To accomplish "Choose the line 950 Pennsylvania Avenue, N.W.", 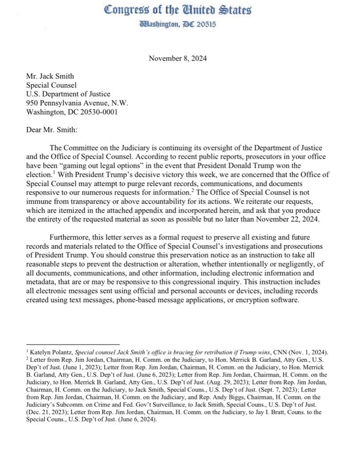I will coord(78,103).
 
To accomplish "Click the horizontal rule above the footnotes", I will coord(73,344).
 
